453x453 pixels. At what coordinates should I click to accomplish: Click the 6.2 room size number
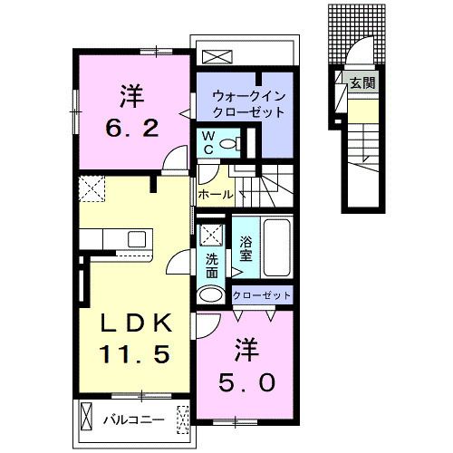(131, 128)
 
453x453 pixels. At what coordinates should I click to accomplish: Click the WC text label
(207, 142)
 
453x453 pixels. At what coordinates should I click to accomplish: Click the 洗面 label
(212, 266)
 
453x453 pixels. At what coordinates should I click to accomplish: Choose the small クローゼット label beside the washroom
(263, 295)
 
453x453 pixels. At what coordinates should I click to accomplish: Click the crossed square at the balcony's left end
(86, 418)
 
